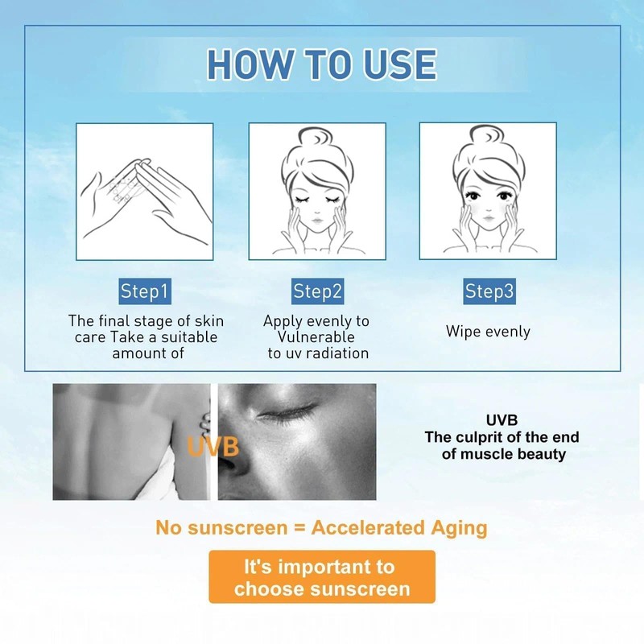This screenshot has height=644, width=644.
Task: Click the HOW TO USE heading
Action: point(321,64)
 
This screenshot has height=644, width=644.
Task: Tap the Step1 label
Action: point(145,291)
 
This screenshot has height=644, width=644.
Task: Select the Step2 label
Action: point(318,291)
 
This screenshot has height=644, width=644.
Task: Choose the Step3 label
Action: point(489,291)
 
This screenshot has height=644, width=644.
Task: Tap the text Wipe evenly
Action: point(488,331)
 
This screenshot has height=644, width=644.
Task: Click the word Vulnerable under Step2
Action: point(316,337)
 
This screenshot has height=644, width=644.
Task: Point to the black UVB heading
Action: point(502,421)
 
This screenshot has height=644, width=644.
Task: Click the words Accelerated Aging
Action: point(399,528)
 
